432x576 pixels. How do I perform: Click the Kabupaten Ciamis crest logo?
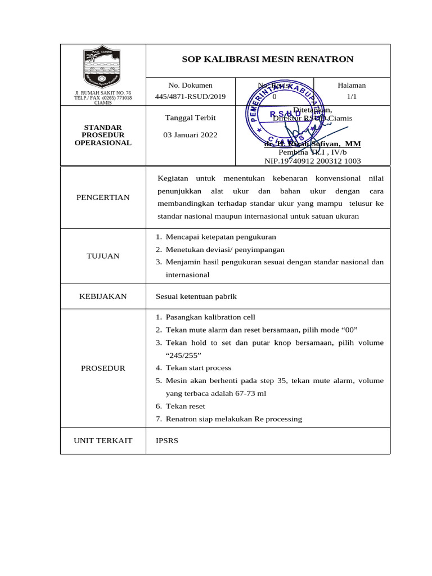pos(102,67)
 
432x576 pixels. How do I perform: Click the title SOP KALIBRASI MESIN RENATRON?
pos(268,59)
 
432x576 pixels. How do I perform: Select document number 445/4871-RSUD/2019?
pos(190,96)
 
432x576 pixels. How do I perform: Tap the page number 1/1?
pos(352,96)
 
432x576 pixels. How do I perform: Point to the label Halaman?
pos(352,85)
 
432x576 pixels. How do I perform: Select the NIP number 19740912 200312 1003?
pos(313,161)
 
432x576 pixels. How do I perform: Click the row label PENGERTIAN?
pos(103,197)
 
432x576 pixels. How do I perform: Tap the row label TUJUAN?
pos(103,256)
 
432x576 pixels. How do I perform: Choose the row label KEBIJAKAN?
pos(103,296)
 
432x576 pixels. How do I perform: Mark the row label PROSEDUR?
pos(103,368)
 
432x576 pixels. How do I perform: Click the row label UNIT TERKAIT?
pos(103,440)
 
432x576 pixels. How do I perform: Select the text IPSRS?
pos(166,440)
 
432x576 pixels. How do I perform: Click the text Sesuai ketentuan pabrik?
pos(196,296)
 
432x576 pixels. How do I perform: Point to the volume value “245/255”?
pos(183,355)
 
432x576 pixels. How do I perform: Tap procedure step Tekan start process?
pos(198,368)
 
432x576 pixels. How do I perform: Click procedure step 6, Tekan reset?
pos(185,406)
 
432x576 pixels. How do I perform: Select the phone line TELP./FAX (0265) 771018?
pos(103,98)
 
